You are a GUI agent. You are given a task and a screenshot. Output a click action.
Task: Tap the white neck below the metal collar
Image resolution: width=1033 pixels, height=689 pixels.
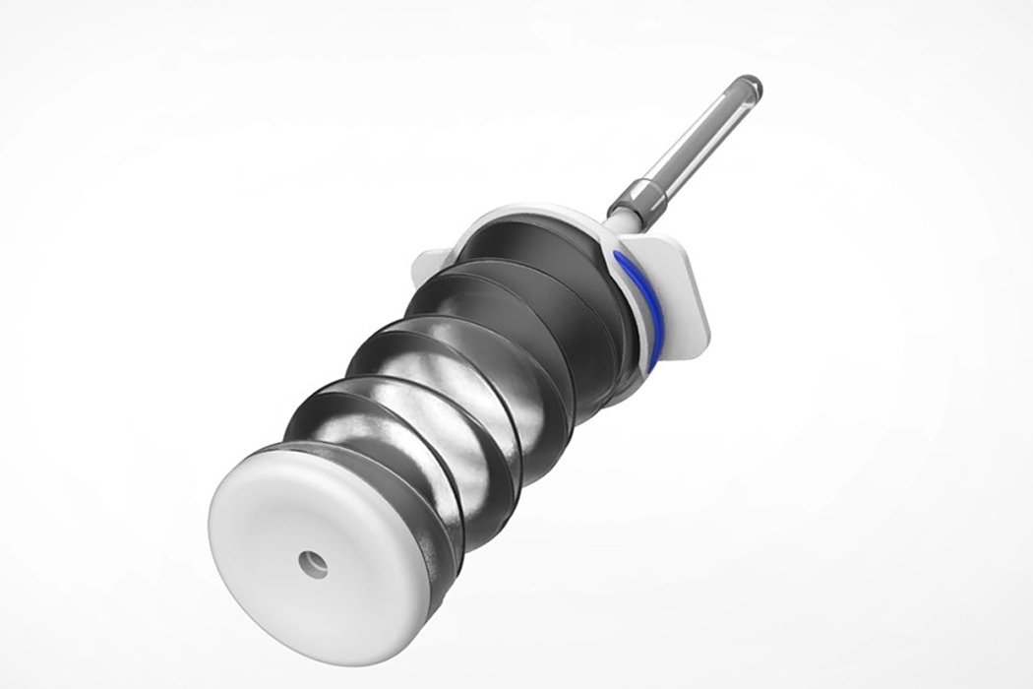point(616,223)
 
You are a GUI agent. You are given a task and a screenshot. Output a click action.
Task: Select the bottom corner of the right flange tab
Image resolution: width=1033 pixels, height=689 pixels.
point(702,344)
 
